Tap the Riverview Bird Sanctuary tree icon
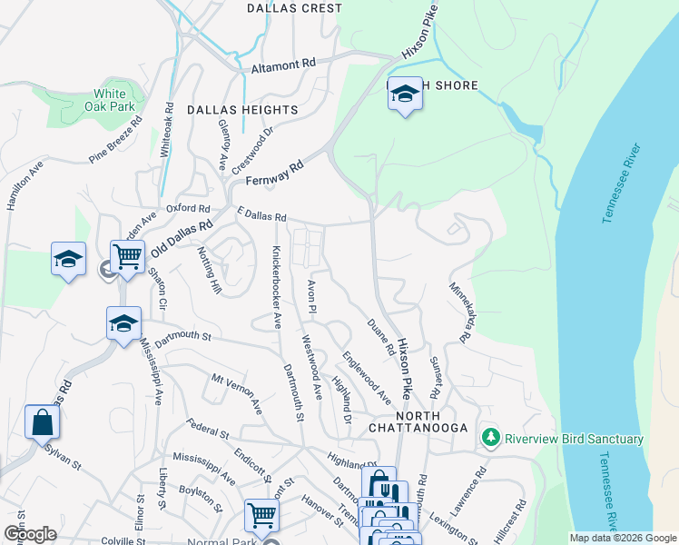pyautogui.click(x=491, y=439)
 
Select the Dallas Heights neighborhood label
pyautogui.click(x=242, y=110)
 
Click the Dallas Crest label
pyautogui.click(x=295, y=8)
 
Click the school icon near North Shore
pyautogui.click(x=405, y=94)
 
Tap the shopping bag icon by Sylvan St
pyautogui.click(x=42, y=422)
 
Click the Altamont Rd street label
pyautogui.click(x=284, y=64)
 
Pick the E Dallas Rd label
pyautogui.click(x=261, y=215)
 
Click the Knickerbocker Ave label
pyautogui.click(x=274, y=286)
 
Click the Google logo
pyautogui.click(x=30, y=533)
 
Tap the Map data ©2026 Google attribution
pyautogui.click(x=622, y=538)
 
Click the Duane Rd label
pyautogui.click(x=380, y=336)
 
